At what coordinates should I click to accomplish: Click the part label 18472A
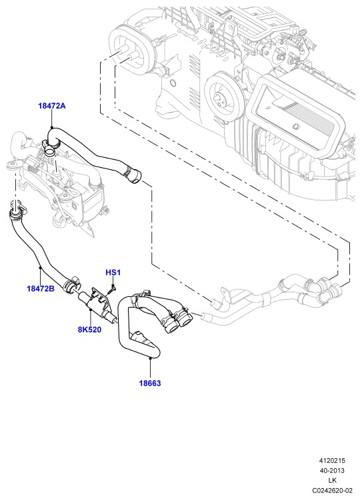pos(52,106)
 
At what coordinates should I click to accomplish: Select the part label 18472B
pos(41,288)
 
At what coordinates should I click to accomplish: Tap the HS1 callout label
pos(113,273)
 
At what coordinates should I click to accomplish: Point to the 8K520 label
pos(89,330)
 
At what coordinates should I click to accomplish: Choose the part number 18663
pos(150,383)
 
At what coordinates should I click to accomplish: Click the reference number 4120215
pos(332,461)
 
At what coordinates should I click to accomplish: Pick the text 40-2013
pos(332,470)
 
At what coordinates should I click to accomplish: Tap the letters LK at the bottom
pos(332,480)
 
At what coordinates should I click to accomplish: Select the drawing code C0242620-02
pos(332,490)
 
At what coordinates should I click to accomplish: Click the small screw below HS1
pos(112,289)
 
